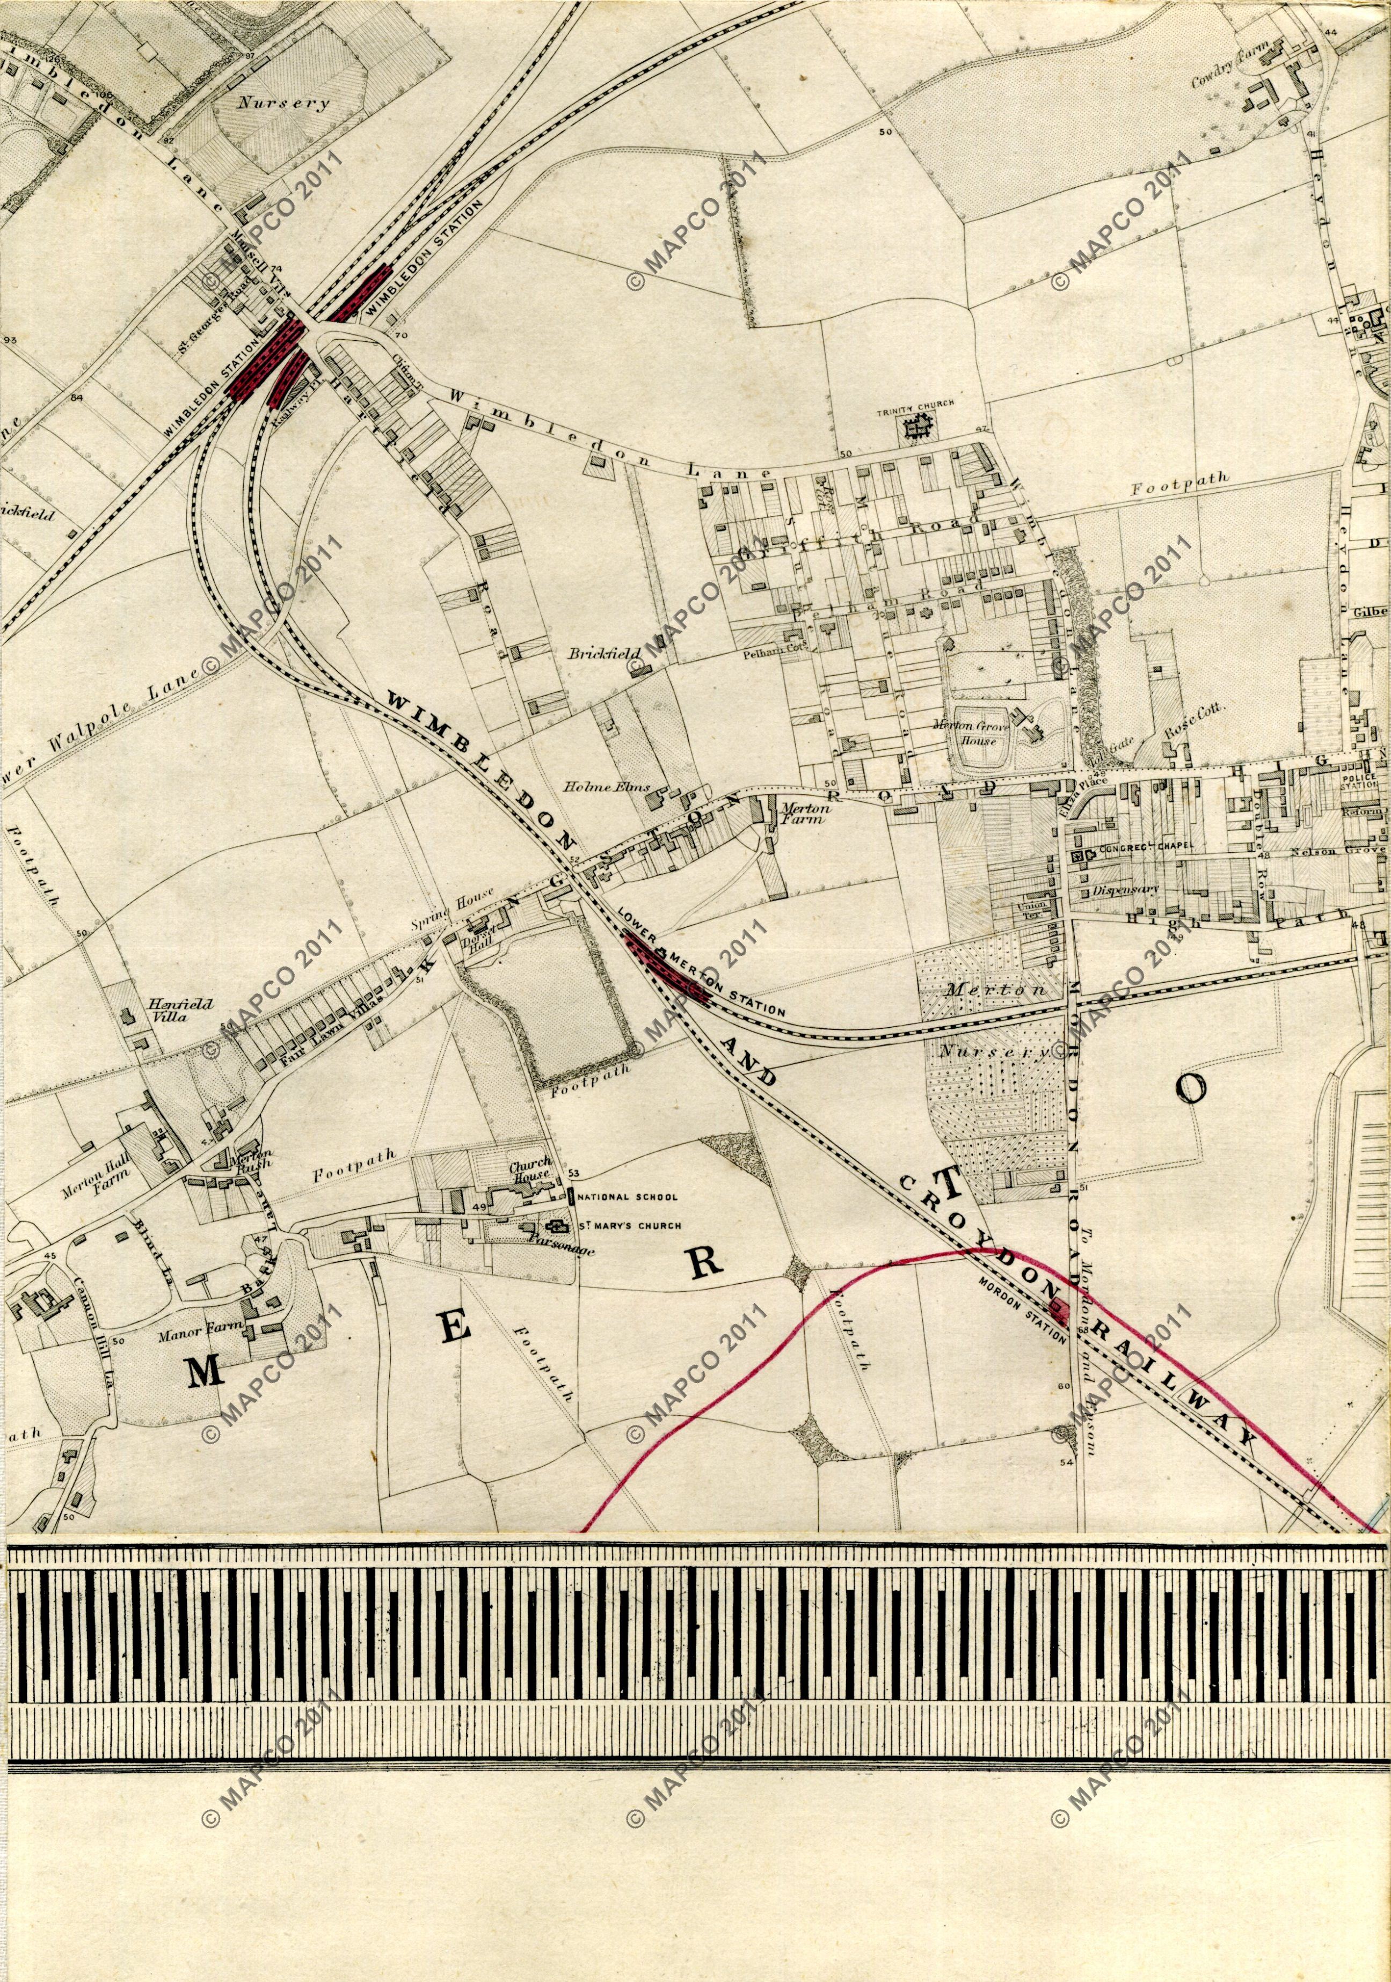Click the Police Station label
(1363, 779)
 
